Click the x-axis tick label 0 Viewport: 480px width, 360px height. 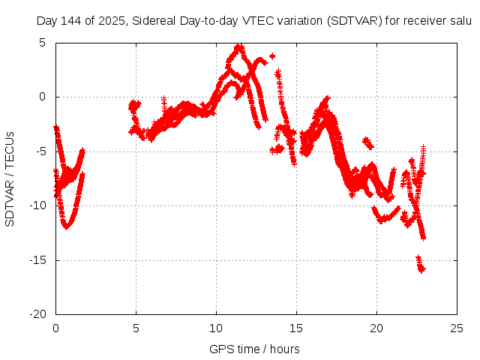click(x=55, y=328)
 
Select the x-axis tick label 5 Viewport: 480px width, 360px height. click(x=136, y=328)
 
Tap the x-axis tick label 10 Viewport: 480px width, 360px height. click(x=216, y=328)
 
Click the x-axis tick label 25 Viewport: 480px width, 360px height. click(x=457, y=328)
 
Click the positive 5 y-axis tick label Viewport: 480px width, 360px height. click(x=42, y=43)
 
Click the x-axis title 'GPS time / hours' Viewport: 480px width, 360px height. click(x=254, y=349)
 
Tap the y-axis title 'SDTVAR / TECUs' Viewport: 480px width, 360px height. click(x=10, y=178)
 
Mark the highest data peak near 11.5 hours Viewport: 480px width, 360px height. click(x=239, y=47)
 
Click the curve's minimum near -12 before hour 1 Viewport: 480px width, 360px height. click(x=67, y=226)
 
